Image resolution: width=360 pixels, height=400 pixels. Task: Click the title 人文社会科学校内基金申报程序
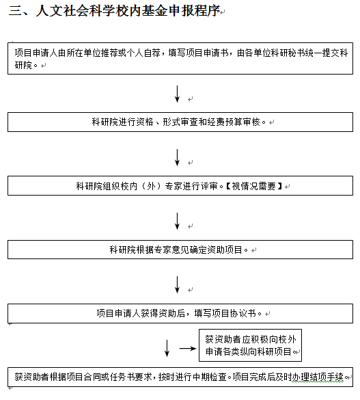[x=128, y=11]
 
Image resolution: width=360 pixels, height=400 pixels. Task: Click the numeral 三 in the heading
[x=15, y=11]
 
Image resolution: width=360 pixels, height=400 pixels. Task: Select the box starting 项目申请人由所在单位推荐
[x=180, y=58]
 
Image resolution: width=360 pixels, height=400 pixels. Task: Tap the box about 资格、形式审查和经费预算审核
[x=180, y=122]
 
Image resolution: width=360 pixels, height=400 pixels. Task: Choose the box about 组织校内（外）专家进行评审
[x=180, y=186]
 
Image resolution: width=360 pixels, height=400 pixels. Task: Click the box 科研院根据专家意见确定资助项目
[x=180, y=250]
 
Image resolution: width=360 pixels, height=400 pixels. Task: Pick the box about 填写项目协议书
[x=180, y=313]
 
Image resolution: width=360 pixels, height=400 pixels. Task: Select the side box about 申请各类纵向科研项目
[x=250, y=345]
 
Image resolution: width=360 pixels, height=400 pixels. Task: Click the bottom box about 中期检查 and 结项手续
[x=180, y=377]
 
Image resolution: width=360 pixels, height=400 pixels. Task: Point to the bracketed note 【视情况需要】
[x=254, y=186]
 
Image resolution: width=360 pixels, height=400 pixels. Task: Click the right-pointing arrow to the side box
[x=188, y=348]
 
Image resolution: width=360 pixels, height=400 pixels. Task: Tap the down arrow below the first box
[x=177, y=94]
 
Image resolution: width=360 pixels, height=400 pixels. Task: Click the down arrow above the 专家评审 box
[x=177, y=158]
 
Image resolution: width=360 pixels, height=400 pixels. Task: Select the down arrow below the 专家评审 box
[x=177, y=221]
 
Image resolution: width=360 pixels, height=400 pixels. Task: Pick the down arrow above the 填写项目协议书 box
[x=177, y=284]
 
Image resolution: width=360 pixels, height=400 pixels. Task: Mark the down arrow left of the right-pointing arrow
[x=167, y=348]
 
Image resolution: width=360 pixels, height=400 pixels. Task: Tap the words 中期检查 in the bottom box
[x=210, y=377]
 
